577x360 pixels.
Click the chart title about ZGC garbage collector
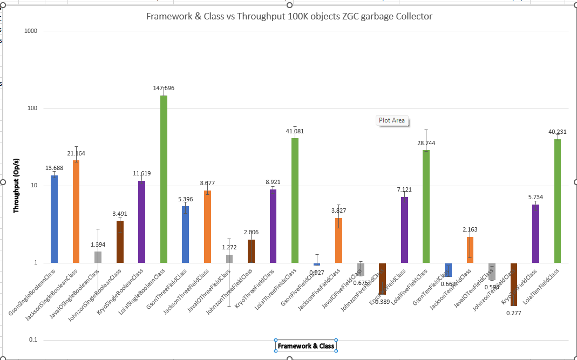click(x=289, y=16)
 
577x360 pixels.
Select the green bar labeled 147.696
click(x=164, y=178)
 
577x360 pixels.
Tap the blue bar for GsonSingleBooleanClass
click(x=54, y=219)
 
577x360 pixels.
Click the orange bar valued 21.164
click(x=76, y=210)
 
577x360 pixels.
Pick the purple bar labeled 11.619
click(x=141, y=221)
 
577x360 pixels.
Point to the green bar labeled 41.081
click(x=295, y=200)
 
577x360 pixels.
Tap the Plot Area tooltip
click(x=392, y=120)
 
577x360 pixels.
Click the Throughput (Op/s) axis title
click(x=16, y=186)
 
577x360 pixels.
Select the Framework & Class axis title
click(x=306, y=346)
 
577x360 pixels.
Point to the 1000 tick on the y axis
click(x=30, y=31)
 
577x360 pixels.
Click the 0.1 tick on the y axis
click(x=32, y=340)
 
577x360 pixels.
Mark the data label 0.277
click(x=514, y=313)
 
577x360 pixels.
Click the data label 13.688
click(x=54, y=168)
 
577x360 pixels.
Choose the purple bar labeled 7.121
click(x=404, y=229)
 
